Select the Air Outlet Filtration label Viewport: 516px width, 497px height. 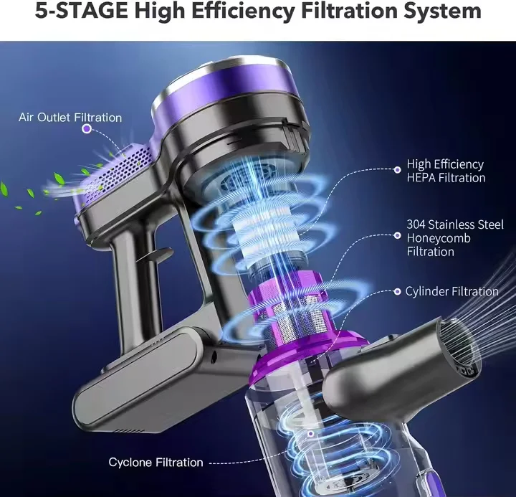70,118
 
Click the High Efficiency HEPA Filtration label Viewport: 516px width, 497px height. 446,171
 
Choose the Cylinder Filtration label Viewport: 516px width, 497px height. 451,291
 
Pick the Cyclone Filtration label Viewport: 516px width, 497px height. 156,463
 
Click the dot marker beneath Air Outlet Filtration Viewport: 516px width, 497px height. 87,129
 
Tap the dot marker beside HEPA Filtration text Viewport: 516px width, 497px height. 398,170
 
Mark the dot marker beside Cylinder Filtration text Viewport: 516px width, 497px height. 397,292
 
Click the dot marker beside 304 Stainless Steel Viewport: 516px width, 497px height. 398,235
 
